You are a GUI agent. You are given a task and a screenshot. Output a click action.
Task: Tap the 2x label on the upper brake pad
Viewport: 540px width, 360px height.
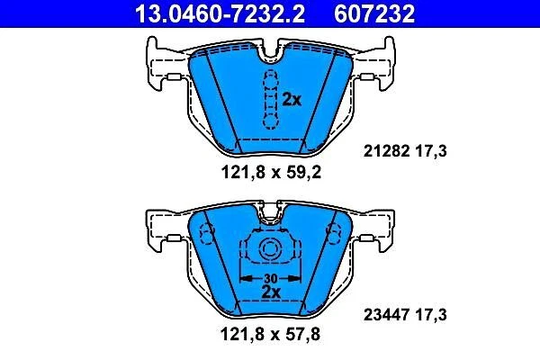(x=292, y=100)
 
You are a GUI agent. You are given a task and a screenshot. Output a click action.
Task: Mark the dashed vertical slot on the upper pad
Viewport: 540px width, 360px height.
(x=269, y=99)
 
